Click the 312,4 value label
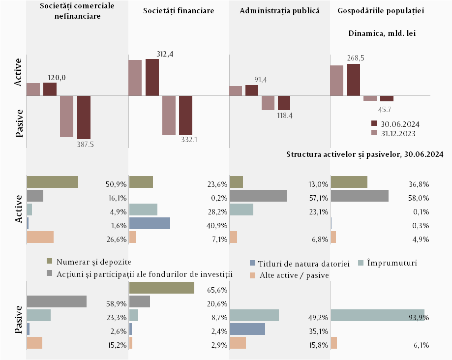165,54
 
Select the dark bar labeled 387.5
84,117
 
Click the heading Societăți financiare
179,11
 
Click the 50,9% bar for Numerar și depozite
53,182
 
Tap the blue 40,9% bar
150,223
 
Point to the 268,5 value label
356,58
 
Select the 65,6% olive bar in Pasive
161,288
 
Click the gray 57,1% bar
258,196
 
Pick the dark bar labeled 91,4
252,90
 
